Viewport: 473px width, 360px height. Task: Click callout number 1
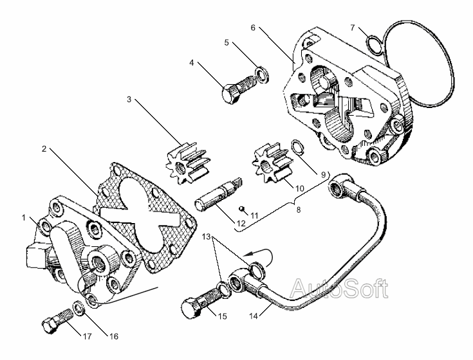click(x=24, y=217)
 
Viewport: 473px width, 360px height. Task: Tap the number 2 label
click(x=44, y=148)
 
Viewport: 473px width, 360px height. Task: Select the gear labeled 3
click(x=185, y=164)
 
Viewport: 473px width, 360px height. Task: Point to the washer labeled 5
click(x=262, y=75)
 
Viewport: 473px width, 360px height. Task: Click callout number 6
click(x=253, y=28)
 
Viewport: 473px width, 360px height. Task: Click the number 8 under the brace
click(x=299, y=210)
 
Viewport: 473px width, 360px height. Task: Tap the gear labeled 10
click(x=272, y=164)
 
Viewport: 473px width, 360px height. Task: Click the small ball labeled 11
click(x=241, y=208)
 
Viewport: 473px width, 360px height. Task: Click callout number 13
click(x=206, y=237)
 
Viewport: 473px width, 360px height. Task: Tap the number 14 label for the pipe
click(x=254, y=316)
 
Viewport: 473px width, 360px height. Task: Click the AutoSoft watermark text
click(x=339, y=289)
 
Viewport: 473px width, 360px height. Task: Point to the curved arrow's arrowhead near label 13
click(x=247, y=255)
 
